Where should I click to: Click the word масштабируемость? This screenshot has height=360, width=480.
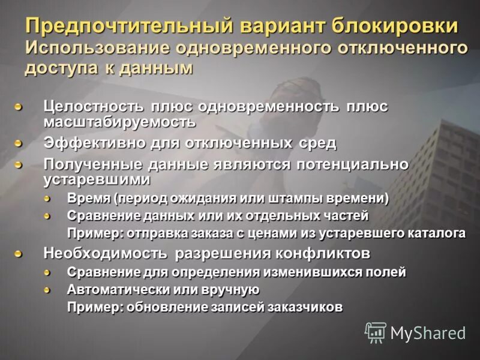pyautogui.click(x=119, y=121)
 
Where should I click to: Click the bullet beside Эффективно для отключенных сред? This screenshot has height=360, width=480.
pyautogui.click(x=19, y=144)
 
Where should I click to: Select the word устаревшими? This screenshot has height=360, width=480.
pyautogui.click(x=97, y=178)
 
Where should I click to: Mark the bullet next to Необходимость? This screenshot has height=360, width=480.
pyautogui.click(x=19, y=253)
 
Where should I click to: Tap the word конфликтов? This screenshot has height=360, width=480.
pyautogui.click(x=323, y=252)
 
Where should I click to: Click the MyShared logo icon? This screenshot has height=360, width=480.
pyautogui.click(x=376, y=332)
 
